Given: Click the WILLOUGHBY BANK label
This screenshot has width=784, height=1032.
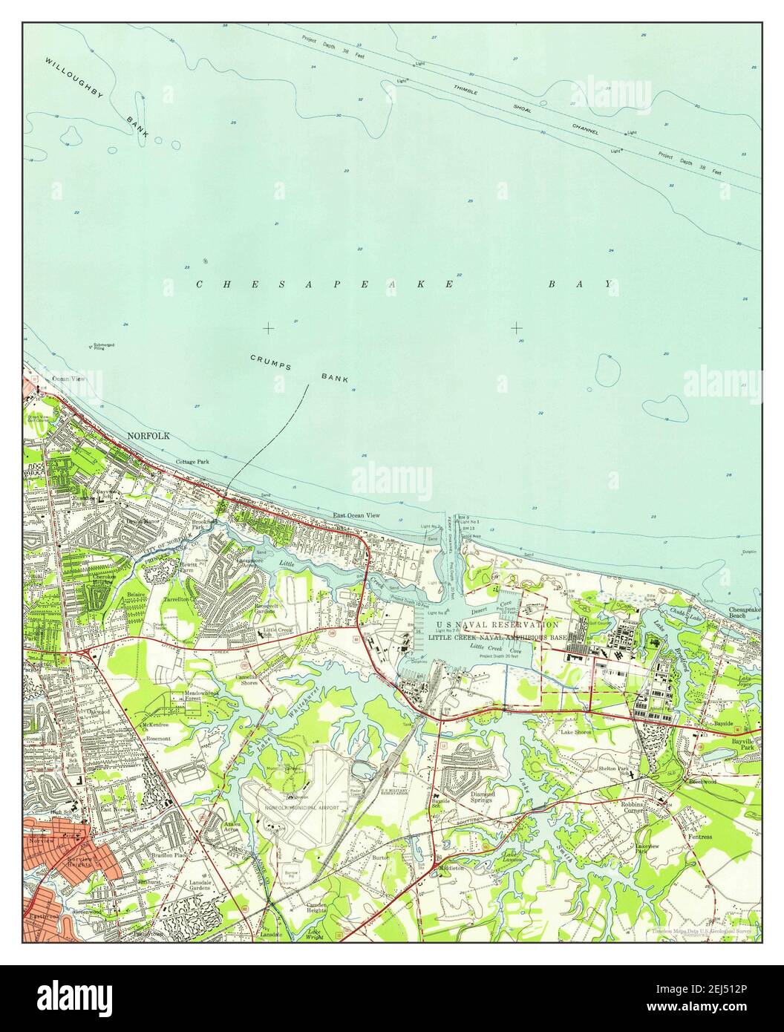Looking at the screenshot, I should click(97, 97).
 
